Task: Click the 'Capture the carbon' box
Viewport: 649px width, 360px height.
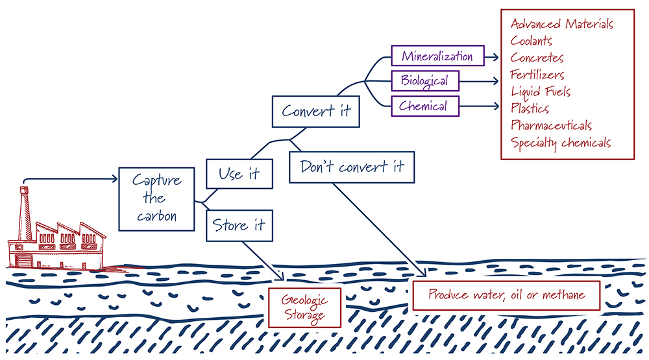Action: (156, 198)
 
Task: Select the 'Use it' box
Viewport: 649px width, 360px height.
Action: (239, 174)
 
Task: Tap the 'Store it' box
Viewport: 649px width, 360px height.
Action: (239, 225)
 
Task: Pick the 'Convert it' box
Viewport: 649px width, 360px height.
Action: (316, 110)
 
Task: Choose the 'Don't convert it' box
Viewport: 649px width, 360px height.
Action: (352, 167)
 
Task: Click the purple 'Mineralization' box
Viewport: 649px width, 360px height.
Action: (437, 56)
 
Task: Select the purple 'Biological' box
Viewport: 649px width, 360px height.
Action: (424, 81)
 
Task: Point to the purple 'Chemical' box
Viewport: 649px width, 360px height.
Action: (424, 106)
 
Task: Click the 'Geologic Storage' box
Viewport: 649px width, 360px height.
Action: (304, 308)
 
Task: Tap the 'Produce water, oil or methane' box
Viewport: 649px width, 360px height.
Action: (506, 295)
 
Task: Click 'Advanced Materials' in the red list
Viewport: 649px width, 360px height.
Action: (562, 24)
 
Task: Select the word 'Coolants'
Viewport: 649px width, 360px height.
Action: (532, 41)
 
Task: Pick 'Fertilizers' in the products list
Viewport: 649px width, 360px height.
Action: (537, 75)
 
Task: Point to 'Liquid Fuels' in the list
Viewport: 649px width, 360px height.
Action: (541, 91)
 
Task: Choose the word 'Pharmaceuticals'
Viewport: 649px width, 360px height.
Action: (551, 125)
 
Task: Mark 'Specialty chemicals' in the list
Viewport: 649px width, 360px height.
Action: (561, 143)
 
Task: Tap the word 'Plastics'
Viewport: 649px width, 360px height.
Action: (530, 108)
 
